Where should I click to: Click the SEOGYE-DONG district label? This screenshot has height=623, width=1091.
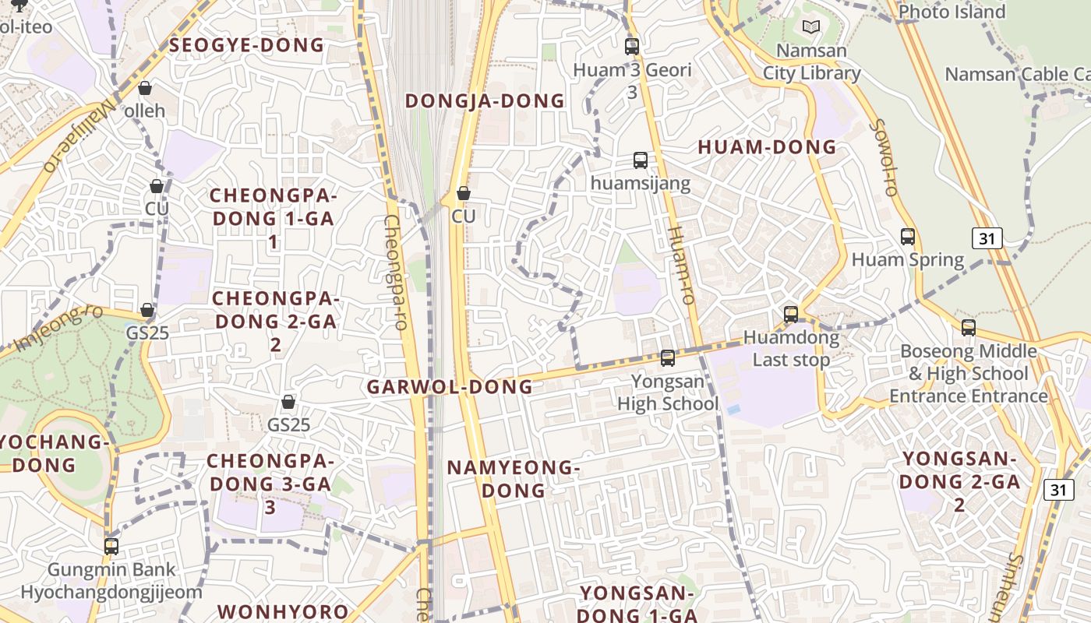point(246,45)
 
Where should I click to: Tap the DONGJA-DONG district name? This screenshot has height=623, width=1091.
point(485,100)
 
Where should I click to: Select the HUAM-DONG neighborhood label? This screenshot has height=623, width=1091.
point(767,147)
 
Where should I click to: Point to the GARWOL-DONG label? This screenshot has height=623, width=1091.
point(450,386)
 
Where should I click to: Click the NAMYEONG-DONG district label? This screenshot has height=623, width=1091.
point(514,479)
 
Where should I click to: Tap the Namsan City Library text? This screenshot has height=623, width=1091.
point(811,62)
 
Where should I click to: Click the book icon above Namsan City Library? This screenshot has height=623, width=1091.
point(811,27)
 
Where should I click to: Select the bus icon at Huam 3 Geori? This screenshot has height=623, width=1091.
point(632,46)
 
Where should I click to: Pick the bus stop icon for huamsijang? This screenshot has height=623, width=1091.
point(641,160)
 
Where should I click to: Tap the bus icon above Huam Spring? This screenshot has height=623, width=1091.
point(908,237)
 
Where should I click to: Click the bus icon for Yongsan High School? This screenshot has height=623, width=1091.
point(668,358)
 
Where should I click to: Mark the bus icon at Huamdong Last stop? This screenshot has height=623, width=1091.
point(791,315)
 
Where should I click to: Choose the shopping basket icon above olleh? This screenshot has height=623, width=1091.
point(144,88)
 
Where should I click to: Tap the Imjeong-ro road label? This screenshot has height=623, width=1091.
point(58,327)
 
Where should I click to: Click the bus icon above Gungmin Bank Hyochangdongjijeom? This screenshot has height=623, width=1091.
point(111,547)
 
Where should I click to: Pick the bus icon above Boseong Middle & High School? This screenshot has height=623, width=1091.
point(969,328)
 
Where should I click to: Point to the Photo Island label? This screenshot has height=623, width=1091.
point(952,12)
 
